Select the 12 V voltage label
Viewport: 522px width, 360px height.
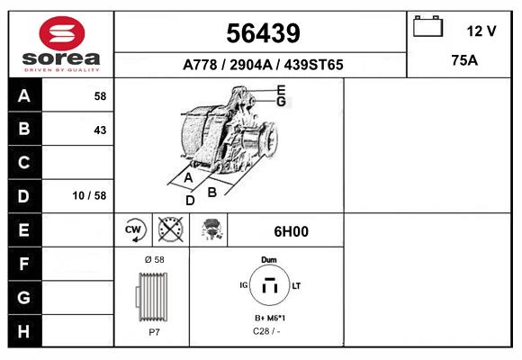481,31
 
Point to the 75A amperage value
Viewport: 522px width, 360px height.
464,61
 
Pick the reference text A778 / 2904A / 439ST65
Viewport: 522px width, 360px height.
262,65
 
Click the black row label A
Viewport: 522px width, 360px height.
24,95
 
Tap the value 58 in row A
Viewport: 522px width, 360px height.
100,96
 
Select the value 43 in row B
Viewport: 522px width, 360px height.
100,130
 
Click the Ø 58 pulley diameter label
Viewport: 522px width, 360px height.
154,259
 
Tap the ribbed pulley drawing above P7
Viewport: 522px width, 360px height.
151,295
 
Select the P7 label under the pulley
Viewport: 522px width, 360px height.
154,331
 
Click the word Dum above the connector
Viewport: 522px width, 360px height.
268,259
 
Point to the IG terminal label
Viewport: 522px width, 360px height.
242,285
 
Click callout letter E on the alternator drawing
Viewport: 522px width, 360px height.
281,90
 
